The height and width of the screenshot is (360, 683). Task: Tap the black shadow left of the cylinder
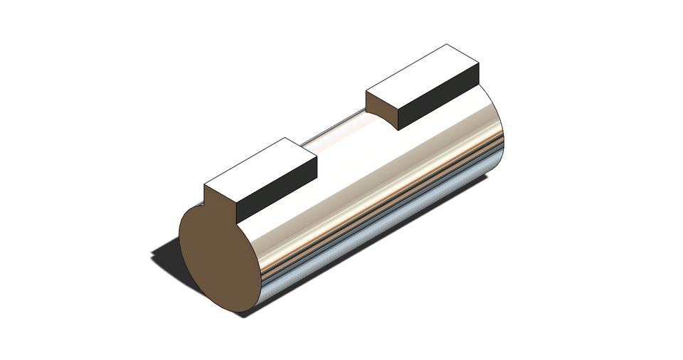pyautogui.click(x=165, y=256)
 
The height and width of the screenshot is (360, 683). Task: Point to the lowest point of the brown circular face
pyautogui.click(x=238, y=312)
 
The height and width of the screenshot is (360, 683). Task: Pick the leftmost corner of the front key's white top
pyautogui.click(x=205, y=184)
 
